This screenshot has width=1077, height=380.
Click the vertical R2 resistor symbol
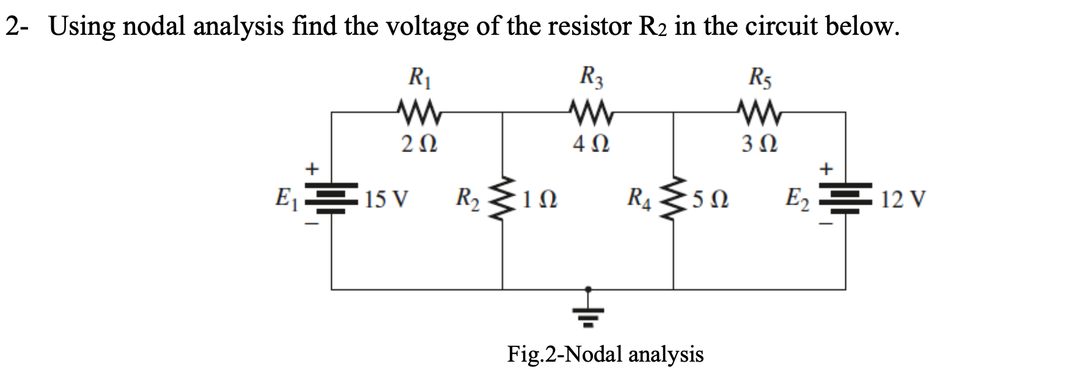pos(502,199)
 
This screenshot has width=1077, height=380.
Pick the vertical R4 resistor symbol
pos(674,199)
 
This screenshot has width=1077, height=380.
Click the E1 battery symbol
pos(331,197)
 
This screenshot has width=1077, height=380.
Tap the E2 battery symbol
pos(846,197)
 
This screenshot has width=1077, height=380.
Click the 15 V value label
pos(386,199)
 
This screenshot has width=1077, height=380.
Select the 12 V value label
pos(903,199)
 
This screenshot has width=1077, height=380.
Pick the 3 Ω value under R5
pos(760,145)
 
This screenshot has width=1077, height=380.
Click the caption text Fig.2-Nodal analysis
pos(605,354)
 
